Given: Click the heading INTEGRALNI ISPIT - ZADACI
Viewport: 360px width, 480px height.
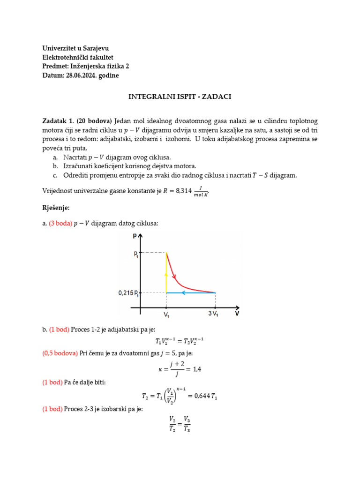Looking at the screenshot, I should pyautogui.click(x=180, y=97).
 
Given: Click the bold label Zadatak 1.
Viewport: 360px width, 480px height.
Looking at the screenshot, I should pyautogui.click(x=57, y=121).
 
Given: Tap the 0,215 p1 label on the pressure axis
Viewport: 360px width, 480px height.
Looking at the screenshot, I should pyautogui.click(x=128, y=293).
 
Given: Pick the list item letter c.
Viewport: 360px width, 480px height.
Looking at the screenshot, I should pyautogui.click(x=55, y=175).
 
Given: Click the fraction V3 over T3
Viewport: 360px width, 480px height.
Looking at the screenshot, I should pyautogui.click(x=186, y=423).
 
